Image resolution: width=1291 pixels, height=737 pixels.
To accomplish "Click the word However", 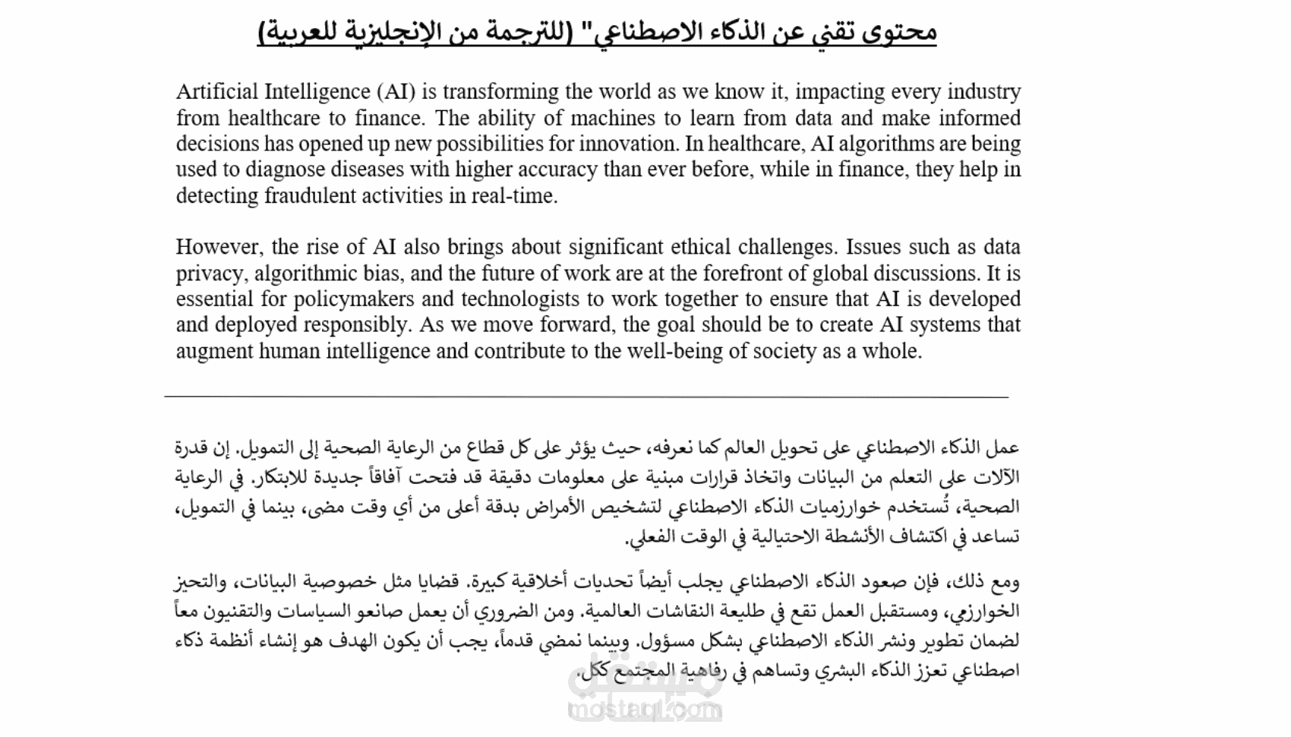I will [219, 247].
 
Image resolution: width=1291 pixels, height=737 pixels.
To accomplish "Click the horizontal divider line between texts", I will [586, 397].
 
